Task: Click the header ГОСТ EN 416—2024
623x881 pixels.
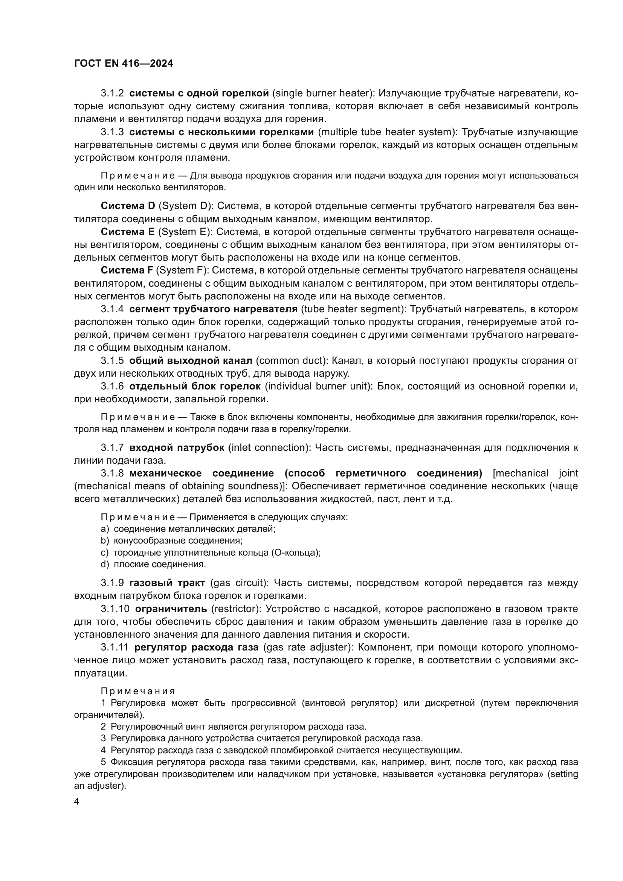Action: pos(123,64)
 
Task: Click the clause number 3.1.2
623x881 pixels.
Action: pos(112,93)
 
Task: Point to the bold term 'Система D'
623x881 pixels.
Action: pos(128,206)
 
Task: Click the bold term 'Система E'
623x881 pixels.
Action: pos(127,232)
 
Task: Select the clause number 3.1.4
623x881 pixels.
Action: pos(112,309)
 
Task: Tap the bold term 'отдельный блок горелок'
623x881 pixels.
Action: pos(195,386)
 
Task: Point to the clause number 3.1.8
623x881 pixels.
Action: pos(112,473)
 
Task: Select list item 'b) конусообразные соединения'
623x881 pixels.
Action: pos(171,541)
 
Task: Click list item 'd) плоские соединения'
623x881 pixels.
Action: pos(153,565)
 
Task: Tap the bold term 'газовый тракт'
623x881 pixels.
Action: pos(167,583)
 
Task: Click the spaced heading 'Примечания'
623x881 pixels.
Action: pos(138,692)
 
